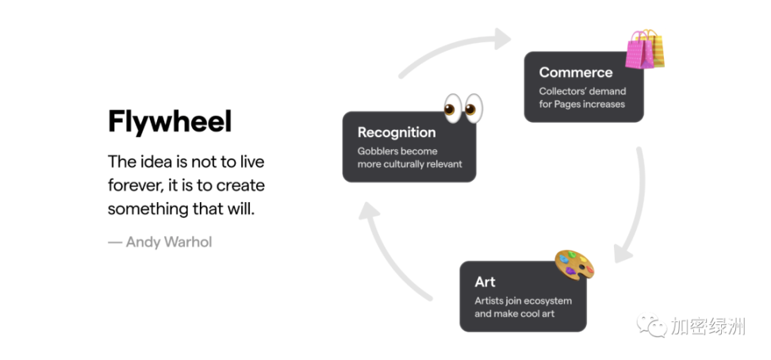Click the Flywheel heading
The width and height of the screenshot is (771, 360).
170,122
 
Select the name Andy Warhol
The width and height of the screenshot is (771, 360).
169,242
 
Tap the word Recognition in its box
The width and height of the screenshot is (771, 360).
397,132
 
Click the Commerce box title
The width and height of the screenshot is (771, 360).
576,72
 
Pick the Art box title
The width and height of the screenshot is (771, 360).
485,281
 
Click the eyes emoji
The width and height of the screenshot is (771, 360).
463,108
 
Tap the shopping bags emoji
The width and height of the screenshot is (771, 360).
645,48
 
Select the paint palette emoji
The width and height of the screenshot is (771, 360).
574,265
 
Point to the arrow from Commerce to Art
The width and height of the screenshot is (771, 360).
637,206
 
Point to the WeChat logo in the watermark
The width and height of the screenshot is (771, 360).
652,325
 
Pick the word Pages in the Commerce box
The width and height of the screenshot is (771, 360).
567,104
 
